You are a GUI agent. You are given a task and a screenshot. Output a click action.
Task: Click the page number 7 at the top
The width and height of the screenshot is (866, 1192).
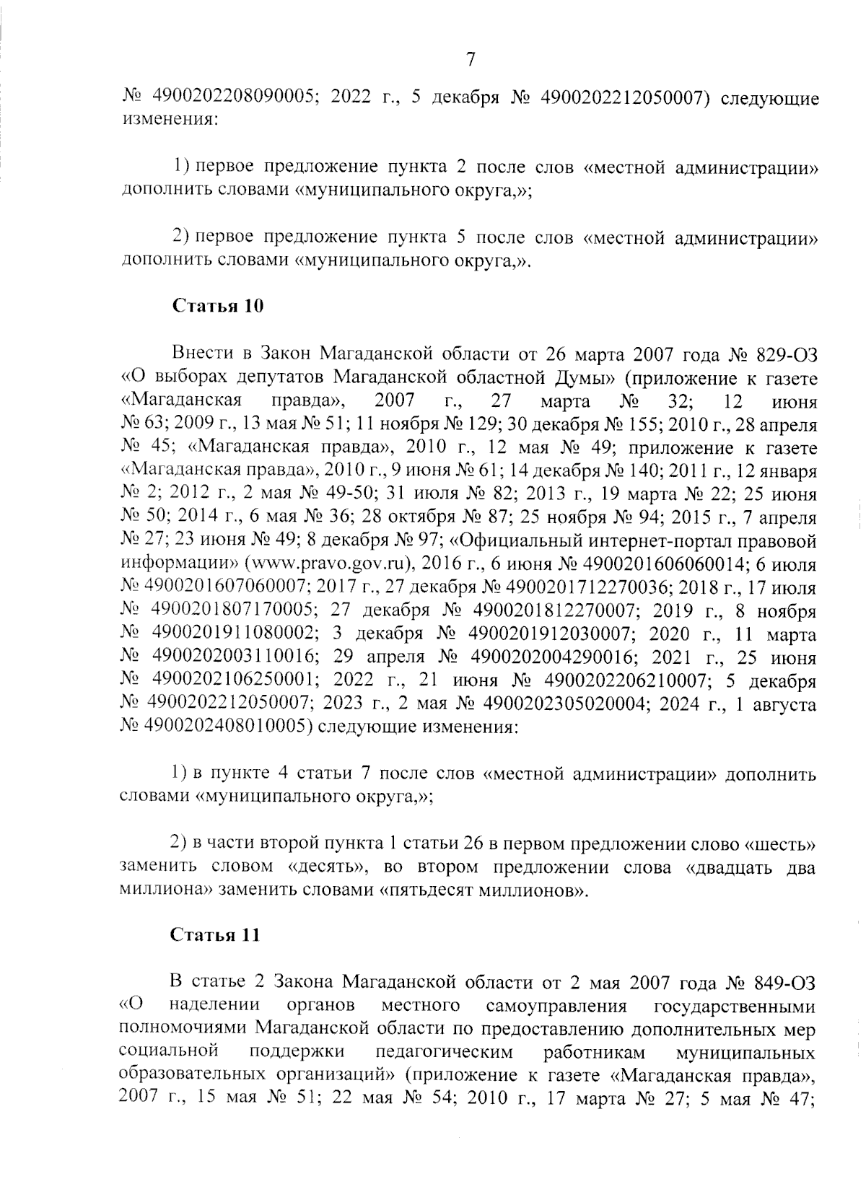pos(470,60)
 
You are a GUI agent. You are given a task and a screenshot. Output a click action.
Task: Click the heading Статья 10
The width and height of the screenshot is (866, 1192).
pos(217,306)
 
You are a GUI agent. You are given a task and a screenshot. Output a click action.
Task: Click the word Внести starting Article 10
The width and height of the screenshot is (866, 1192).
pos(204,354)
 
